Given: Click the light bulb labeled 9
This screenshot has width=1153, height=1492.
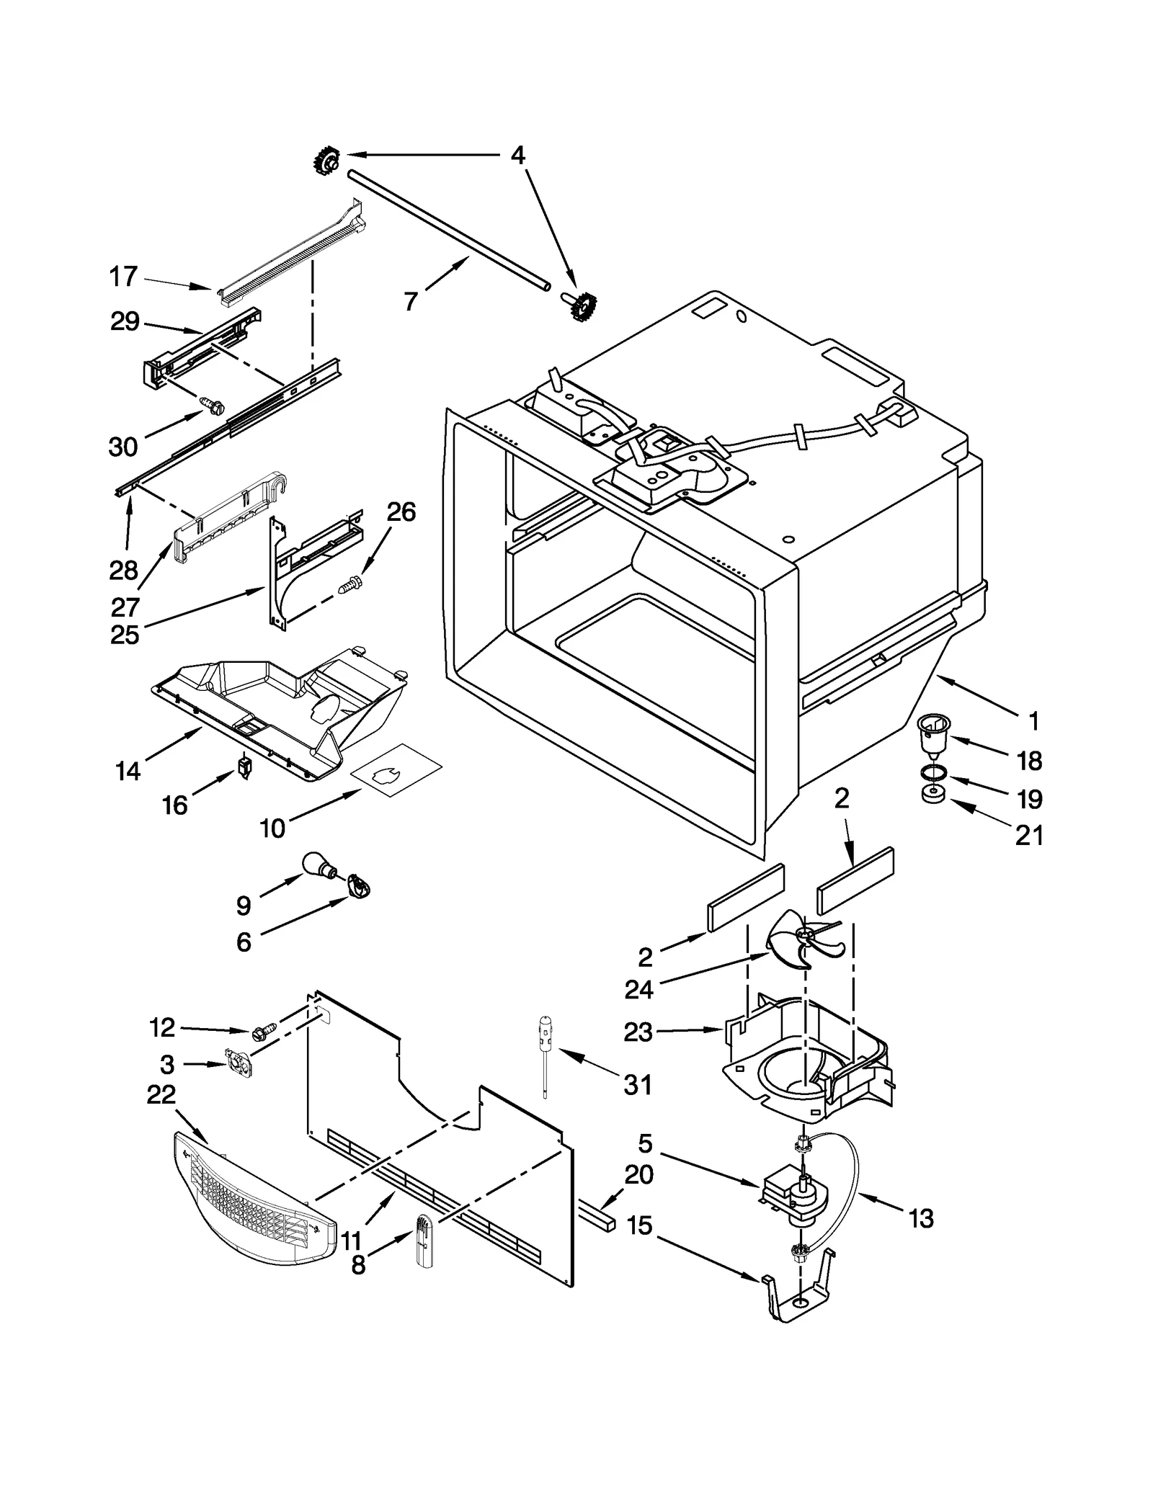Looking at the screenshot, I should [318, 865].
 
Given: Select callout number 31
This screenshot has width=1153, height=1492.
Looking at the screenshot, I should [638, 1084].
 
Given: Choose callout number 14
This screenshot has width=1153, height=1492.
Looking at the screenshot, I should [128, 772].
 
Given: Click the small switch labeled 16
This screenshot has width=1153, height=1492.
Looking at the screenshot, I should [245, 767].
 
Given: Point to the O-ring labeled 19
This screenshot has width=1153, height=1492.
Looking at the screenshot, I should [935, 774].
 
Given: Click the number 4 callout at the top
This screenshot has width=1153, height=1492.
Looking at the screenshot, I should [517, 156].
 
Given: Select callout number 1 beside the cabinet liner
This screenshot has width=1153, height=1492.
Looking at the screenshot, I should [1034, 720].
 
